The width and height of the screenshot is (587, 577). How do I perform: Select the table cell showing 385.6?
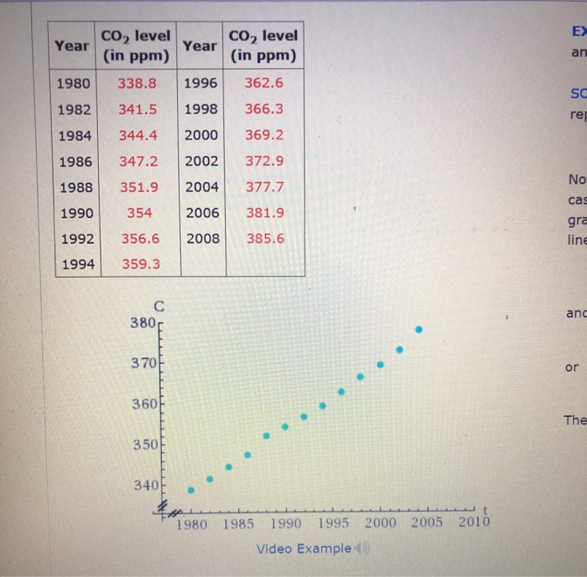pyautogui.click(x=264, y=238)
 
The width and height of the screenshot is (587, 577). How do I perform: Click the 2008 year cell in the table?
pyautogui.click(x=202, y=238)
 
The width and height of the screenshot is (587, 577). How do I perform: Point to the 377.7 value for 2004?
pyautogui.click(x=264, y=186)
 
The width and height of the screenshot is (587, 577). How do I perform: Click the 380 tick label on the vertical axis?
pyautogui.click(x=143, y=321)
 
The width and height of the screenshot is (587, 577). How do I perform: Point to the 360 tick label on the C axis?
pyautogui.click(x=143, y=403)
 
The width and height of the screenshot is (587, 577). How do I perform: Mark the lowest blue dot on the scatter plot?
pyautogui.click(x=191, y=491)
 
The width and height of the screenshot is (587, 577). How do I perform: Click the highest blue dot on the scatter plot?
pyautogui.click(x=418, y=330)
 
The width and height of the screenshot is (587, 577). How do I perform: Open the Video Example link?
pyautogui.click(x=303, y=548)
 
